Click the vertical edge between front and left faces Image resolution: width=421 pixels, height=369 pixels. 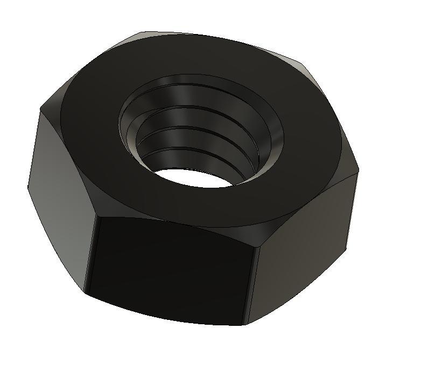pos(90,254)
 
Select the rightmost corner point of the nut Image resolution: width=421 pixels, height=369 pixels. pos(358,173)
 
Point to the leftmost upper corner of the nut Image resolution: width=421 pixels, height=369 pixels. pos(41,110)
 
